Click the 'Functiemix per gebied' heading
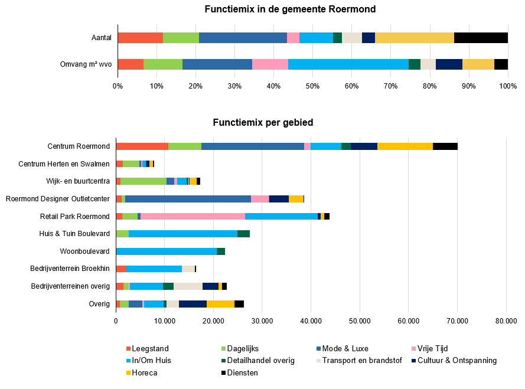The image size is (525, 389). [263, 123]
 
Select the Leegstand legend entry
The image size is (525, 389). [147, 349]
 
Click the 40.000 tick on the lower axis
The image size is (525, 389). [311, 321]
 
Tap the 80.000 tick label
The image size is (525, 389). [506, 321]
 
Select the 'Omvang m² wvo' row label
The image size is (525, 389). [86, 64]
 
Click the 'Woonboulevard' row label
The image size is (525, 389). [84, 251]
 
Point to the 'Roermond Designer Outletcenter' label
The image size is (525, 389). [58, 199]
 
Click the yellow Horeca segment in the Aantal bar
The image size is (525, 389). [415, 38]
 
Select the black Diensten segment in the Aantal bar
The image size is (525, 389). [481, 38]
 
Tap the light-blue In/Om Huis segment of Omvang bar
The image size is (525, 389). [348, 64]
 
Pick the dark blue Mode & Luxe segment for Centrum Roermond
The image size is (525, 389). [253, 146]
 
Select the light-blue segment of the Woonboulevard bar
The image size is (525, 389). [167, 251]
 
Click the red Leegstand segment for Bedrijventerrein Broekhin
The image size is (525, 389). [121, 269]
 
